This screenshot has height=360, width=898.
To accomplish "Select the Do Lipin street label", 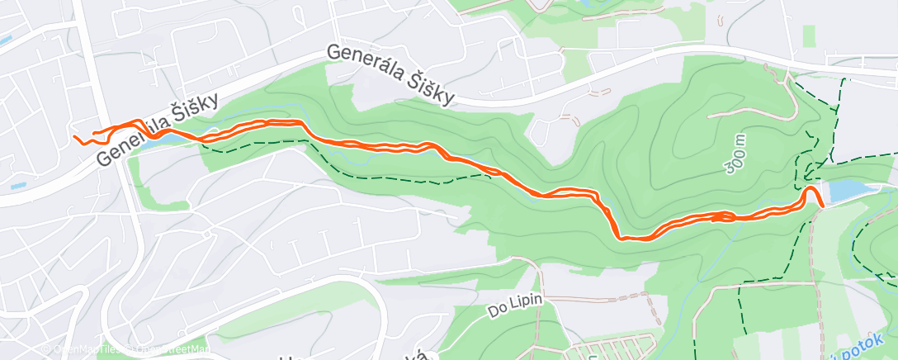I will (x=514, y=305).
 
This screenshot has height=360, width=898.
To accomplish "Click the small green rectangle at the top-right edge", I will (x=809, y=35).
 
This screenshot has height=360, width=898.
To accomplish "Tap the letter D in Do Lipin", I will (x=494, y=313).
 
